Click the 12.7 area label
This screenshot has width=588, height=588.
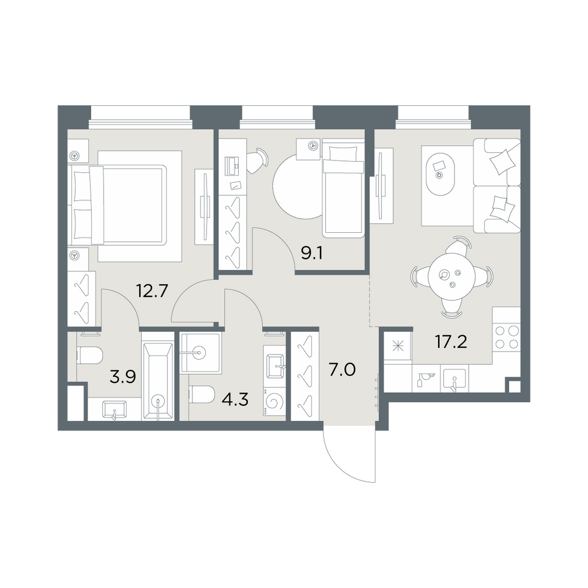click(x=152, y=291)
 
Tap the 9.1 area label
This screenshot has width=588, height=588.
click(x=312, y=254)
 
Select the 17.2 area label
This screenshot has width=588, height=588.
click(x=451, y=342)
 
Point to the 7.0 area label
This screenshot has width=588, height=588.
click(x=342, y=370)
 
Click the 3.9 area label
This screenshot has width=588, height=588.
click(x=122, y=377)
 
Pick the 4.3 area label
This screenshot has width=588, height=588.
click(x=235, y=400)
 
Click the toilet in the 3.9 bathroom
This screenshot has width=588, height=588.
click(x=89, y=355)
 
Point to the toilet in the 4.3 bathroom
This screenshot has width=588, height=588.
click(x=202, y=395)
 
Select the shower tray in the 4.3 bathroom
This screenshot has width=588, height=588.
click(x=201, y=352)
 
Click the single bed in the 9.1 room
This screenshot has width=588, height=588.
click(x=343, y=188)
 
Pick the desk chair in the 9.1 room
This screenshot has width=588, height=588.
click(x=259, y=161)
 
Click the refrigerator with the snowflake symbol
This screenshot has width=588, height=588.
click(x=397, y=346)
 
